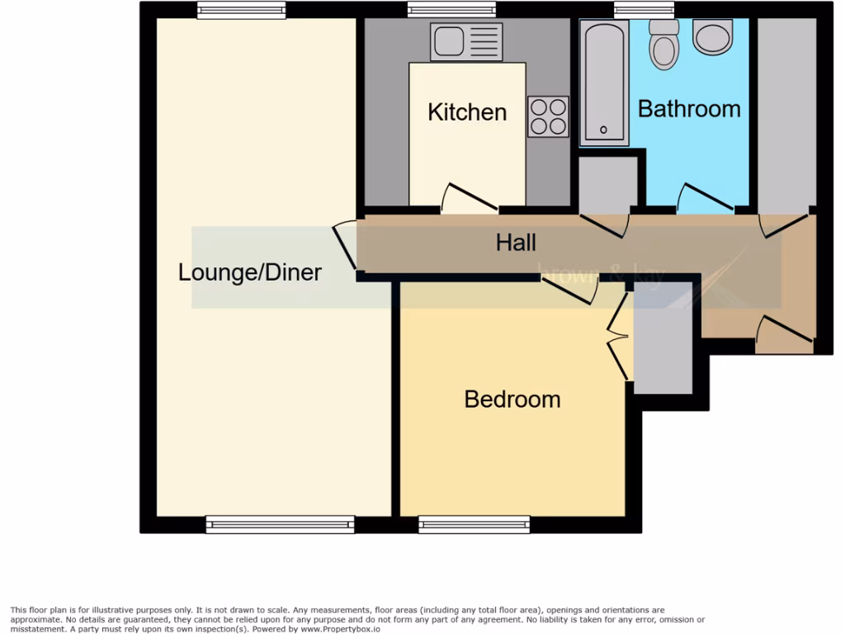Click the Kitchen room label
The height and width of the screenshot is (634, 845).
coord(467,112)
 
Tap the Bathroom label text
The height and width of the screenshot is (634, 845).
coord(689,109)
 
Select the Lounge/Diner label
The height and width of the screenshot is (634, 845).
coord(250,272)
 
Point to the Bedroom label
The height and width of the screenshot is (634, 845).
coord(512,400)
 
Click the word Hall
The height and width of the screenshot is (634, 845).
coord(516,243)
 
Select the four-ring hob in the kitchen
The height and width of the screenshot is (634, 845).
coord(548,116)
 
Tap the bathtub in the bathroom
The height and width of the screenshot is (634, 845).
coord(603,83)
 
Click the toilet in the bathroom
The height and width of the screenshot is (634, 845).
coord(663,44)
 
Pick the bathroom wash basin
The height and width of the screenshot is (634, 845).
coord(712,37)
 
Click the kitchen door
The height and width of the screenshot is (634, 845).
coord(469,198)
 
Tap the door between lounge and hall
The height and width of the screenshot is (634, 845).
coord(346,245)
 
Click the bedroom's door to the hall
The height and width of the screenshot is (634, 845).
coord(570,290)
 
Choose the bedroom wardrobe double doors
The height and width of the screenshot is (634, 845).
coord(617,335)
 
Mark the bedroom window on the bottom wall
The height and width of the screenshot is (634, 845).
coord(474,523)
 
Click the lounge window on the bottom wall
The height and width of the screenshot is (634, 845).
coord(280,523)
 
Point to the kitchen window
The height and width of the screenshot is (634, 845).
coord(451,10)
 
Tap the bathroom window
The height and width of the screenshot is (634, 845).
coord(644,10)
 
